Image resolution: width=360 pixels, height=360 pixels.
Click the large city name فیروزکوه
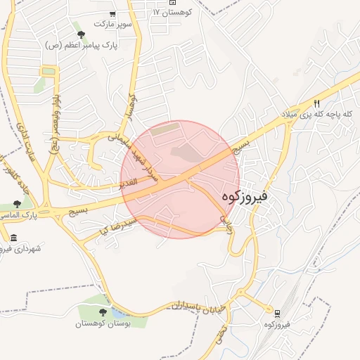click(245, 197)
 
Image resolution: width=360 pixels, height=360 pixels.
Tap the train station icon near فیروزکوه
click(277, 313)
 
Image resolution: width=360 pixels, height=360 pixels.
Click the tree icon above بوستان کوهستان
click(103, 312)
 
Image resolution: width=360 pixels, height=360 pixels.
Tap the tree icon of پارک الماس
click(17, 205)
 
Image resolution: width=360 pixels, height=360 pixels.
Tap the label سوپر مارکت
click(112, 25)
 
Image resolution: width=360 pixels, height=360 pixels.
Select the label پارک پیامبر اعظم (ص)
click(82, 44)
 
